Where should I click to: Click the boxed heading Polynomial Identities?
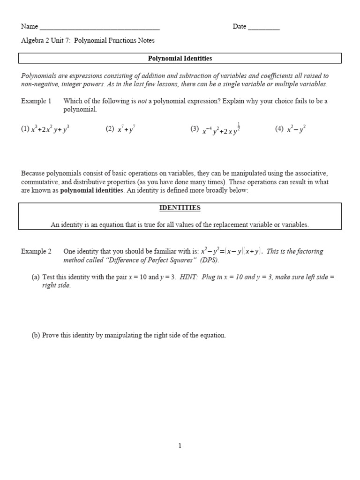180,59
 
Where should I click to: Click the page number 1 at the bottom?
180,446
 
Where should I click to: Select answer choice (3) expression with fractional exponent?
221,130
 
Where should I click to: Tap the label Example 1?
36,101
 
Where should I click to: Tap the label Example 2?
36,251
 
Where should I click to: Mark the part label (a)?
36,277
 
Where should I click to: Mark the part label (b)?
36,335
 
